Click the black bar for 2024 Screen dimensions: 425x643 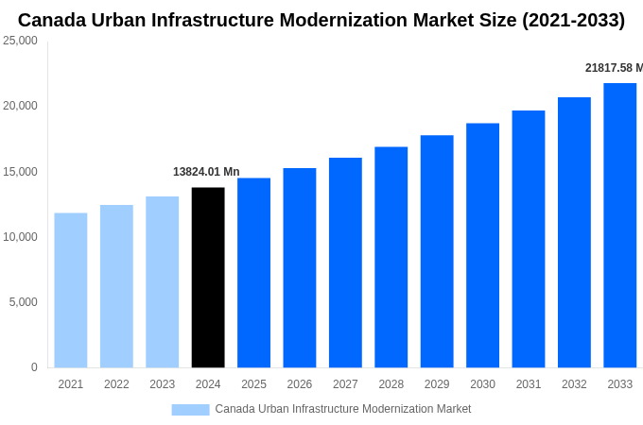tap(208, 278)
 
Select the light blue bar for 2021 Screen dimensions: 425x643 tap(71, 290)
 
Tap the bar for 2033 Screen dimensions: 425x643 tap(619, 226)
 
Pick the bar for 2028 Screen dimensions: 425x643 tap(391, 257)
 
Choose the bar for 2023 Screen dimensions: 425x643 tap(162, 282)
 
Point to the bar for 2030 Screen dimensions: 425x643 tap(482, 246)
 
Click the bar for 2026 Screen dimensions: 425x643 tap(300, 268)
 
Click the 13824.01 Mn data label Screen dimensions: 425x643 tap(206, 172)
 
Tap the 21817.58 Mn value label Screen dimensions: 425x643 tap(614, 68)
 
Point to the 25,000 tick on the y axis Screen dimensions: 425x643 tap(20, 41)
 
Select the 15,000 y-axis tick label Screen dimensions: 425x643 tap(20, 172)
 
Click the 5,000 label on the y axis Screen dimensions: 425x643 tap(23, 302)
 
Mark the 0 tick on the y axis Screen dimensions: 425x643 tap(34, 367)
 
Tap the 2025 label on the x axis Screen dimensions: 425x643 tap(253, 384)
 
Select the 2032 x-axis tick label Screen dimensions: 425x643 tap(574, 384)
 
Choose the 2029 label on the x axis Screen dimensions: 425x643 tap(437, 384)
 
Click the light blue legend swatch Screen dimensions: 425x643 tap(190, 409)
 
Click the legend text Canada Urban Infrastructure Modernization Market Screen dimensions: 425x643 tap(342, 409)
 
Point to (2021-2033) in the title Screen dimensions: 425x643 tap(573, 20)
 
